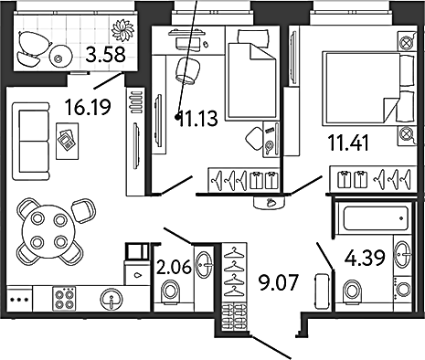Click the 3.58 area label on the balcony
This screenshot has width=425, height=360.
pos(105,55)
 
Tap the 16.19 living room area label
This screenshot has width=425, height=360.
pos(89,107)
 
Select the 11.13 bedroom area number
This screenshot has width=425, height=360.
pos(198,118)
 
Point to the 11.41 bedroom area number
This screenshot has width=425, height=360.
pos(348,143)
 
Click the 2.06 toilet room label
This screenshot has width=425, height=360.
pos(174,267)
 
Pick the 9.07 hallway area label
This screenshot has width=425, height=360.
pos(278,282)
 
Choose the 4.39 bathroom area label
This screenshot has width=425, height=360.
pos(365,259)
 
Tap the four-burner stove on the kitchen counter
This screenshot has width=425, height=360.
pos(64,299)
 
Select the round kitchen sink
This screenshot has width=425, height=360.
pos(112,299)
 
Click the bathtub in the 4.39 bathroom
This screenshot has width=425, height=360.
pos(376,218)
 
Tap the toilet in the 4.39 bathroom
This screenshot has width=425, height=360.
pos(353,291)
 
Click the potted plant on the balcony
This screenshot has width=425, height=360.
pos(122,30)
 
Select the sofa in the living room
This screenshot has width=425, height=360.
pos(31,142)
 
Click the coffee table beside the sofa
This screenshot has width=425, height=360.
pos(67,141)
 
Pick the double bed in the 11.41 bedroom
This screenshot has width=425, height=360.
pos(369,89)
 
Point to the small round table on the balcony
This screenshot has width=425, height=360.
pos(61,57)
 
